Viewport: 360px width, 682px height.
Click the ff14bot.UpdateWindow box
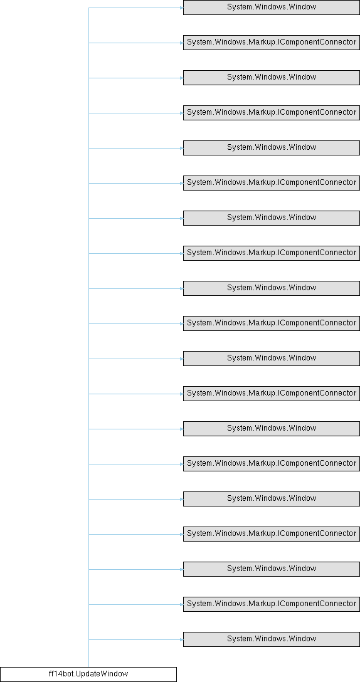pyautogui.click(x=88, y=674)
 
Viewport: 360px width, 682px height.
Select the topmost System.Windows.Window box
pyautogui.click(x=271, y=8)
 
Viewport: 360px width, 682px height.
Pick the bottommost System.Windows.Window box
pyautogui.click(x=271, y=639)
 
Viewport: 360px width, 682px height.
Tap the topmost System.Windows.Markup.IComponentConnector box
pyautogui.click(x=271, y=43)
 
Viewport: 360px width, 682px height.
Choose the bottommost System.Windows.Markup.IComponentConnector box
pyautogui.click(x=271, y=604)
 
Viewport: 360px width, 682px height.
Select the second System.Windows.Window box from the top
pyautogui.click(x=271, y=78)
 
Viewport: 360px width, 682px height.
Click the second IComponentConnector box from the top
pyautogui.click(x=271, y=113)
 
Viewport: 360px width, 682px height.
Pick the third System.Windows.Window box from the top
pyautogui.click(x=271, y=148)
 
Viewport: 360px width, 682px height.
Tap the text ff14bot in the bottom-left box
pyautogui.click(x=59, y=674)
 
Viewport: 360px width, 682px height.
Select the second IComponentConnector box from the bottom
pyautogui.click(x=271, y=533)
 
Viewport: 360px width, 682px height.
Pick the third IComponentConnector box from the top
pyautogui.click(x=271, y=182)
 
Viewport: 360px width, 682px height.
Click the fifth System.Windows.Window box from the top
pyautogui.click(x=271, y=288)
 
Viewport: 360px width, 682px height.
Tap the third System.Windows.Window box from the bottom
pyautogui.click(x=271, y=498)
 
